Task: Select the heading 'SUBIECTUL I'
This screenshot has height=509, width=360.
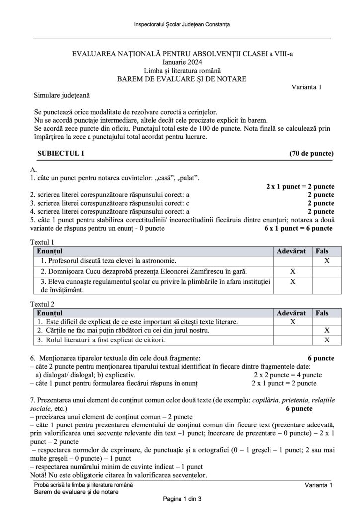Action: click(57, 153)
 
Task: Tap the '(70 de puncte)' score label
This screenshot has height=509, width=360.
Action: click(312, 153)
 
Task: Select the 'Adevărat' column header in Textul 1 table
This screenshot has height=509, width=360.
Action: click(292, 251)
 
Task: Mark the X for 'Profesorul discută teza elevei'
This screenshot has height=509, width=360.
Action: click(327, 260)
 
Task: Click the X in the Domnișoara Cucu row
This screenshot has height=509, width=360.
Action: click(292, 271)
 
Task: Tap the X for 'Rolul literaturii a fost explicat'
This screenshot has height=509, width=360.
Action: click(327, 340)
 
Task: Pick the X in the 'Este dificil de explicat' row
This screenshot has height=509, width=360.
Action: click(292, 322)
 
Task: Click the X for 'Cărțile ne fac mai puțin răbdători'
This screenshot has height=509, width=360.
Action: click(327, 331)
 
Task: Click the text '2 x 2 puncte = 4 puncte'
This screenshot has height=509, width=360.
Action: click(288, 375)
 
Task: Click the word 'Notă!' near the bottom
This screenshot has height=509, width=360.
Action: click(41, 475)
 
